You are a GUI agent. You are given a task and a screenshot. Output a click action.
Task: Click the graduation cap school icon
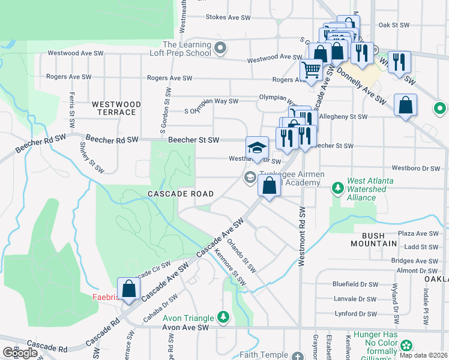(x=257, y=148)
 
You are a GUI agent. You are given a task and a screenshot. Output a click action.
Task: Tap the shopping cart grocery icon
(x=311, y=71)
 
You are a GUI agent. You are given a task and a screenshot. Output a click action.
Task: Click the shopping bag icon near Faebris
(x=129, y=289)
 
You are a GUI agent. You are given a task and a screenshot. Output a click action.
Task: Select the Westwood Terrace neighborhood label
(x=116, y=108)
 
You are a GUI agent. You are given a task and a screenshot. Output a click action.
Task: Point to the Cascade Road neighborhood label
(x=181, y=194)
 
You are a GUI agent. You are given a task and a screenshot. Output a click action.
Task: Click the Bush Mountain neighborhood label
(x=370, y=239)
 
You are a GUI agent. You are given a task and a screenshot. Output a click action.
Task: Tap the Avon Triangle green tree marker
(x=223, y=316)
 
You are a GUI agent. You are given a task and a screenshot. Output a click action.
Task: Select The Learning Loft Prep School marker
(x=220, y=49)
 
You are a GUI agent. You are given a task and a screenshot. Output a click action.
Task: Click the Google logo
(x=20, y=353)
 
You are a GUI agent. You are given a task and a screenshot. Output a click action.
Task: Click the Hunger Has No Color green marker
(x=407, y=345)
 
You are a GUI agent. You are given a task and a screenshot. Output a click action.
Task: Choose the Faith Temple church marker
(x=298, y=356)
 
